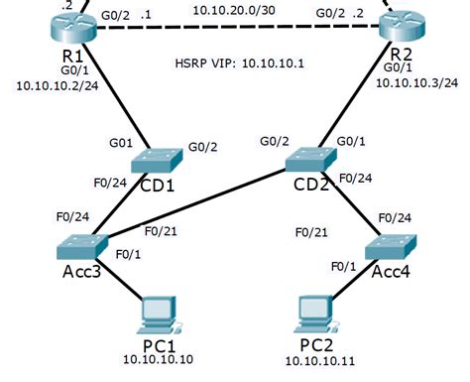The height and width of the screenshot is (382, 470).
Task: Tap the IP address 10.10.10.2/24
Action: [x=57, y=86]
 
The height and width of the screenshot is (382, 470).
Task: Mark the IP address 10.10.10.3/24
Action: [x=416, y=82]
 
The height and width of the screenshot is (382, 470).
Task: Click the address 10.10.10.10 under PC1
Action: [x=158, y=359]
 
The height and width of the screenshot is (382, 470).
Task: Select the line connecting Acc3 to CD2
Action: [x=198, y=205]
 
